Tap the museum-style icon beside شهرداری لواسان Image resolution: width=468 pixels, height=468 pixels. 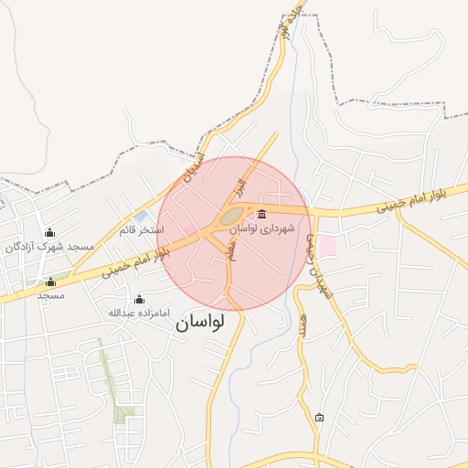tap(262, 214)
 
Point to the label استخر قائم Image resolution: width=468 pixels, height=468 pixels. tap(140, 229)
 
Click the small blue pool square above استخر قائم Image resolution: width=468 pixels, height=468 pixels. tap(140, 218)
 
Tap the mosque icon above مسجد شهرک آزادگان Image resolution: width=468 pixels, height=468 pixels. tap(49, 232)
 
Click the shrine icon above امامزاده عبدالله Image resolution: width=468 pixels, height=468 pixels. tap(139, 299)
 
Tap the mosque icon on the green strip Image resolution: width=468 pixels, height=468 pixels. tap(50, 282)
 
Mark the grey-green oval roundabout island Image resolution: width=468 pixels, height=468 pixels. tap(231, 218)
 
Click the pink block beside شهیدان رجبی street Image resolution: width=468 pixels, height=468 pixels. tap(325, 245)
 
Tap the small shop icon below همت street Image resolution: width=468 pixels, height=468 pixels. tap(319, 418)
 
